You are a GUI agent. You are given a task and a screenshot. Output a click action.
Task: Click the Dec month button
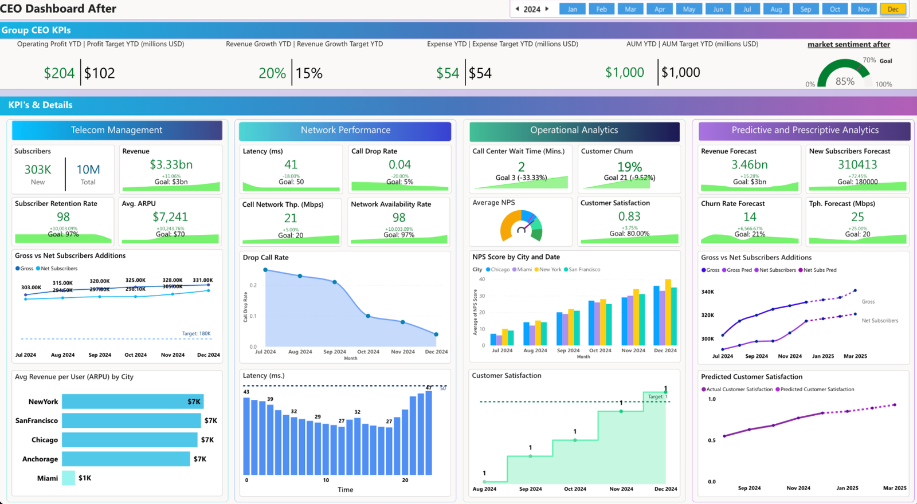tap(893, 9)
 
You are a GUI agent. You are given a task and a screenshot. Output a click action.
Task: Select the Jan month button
tap(572, 9)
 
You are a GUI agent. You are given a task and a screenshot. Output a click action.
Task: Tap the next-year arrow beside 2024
tap(547, 9)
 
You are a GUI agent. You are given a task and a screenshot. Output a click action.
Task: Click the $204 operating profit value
tap(59, 73)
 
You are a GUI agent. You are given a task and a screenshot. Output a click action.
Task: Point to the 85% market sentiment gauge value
tap(845, 81)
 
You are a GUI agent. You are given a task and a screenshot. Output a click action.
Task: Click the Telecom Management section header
tap(117, 130)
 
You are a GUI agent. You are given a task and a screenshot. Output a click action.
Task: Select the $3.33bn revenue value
tap(171, 164)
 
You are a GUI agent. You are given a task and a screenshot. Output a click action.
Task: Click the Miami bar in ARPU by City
tap(68, 478)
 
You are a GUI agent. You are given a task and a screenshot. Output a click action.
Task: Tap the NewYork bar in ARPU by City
tap(132, 401)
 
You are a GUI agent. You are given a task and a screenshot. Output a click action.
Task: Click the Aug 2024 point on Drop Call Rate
tap(300, 276)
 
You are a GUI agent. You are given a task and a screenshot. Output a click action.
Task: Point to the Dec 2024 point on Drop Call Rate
tap(436, 334)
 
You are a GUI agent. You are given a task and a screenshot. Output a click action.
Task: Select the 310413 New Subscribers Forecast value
tap(857, 164)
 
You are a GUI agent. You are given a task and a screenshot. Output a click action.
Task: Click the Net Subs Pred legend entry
tap(820, 270)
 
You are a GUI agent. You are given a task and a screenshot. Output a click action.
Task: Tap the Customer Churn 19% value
tap(629, 167)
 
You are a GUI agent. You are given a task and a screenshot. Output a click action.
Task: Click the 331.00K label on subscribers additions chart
tap(203, 280)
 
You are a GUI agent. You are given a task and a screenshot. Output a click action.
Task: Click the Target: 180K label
tap(196, 333)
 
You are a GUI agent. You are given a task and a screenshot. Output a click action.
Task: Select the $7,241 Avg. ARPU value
tap(170, 216)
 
